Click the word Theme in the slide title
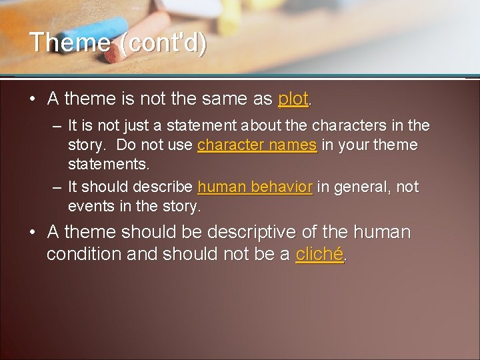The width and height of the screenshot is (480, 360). [70, 43]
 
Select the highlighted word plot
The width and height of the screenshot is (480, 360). [293, 99]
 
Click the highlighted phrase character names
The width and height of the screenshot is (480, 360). [257, 145]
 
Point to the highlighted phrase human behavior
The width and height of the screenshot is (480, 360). [255, 187]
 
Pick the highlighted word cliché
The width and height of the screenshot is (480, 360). [320, 254]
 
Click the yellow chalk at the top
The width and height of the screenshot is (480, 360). [230, 13]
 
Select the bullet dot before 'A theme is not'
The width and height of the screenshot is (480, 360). [32, 99]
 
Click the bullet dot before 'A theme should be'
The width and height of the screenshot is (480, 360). [32, 233]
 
